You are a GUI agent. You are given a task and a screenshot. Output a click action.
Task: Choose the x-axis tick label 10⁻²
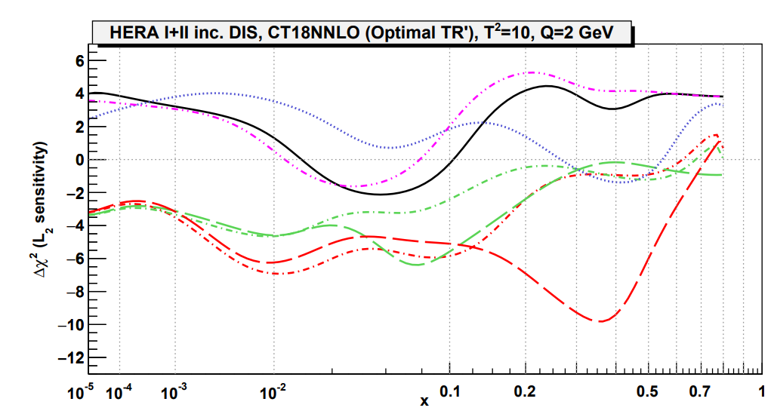pos(273,392)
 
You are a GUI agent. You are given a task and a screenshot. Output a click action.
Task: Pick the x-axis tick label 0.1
pos(449,393)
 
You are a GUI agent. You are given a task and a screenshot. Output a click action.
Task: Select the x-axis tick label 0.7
pos(702,393)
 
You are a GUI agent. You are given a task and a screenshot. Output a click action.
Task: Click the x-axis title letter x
pos(425,402)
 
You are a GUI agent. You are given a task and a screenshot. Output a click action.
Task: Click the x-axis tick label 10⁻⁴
pos(118,392)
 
